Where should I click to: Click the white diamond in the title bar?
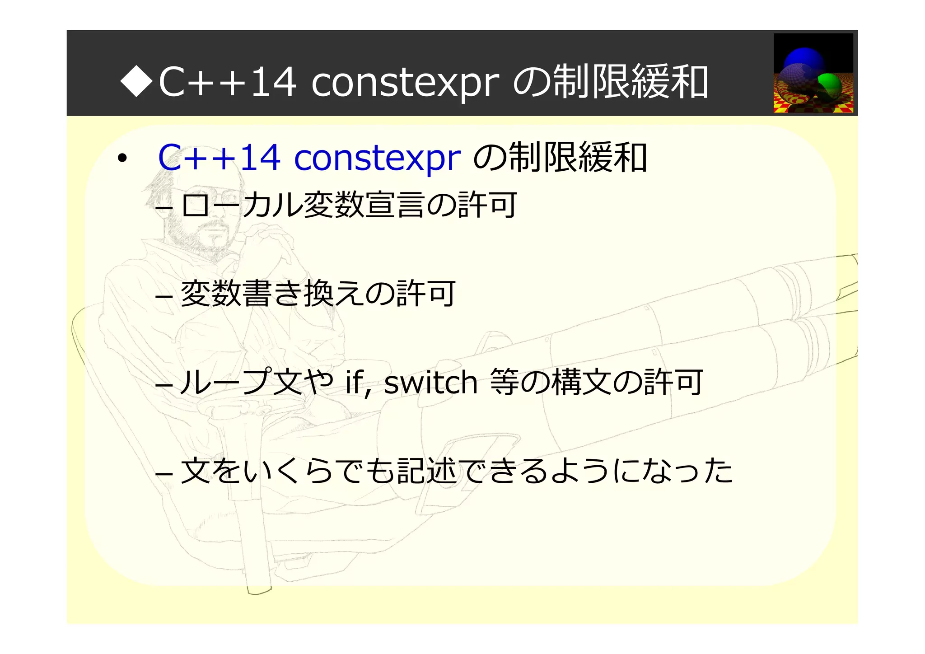[x=137, y=82]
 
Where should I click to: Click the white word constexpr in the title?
[x=405, y=83]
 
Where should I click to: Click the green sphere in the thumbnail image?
[x=830, y=84]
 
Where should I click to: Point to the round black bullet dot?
[x=121, y=159]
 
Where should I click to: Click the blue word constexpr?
[x=377, y=158]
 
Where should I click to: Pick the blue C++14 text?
[x=219, y=158]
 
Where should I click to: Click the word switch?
[x=430, y=383]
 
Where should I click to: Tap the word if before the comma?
[x=355, y=383]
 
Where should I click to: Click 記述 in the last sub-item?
[x=427, y=471]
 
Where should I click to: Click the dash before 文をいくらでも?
[x=164, y=474]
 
